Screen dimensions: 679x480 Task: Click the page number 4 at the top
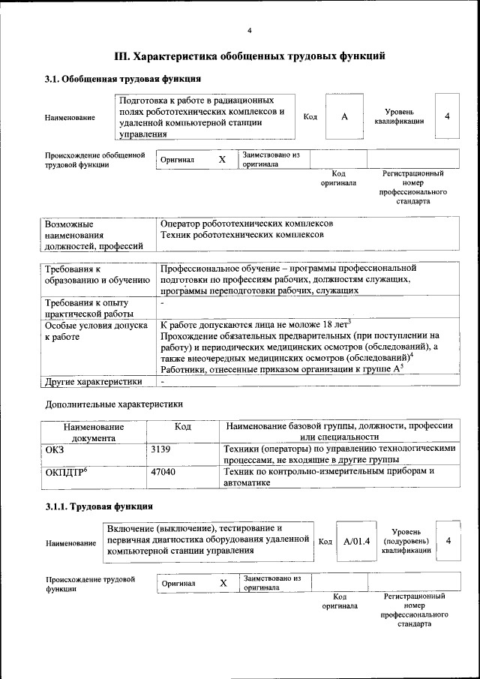tap(249, 30)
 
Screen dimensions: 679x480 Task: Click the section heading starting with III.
tap(249, 56)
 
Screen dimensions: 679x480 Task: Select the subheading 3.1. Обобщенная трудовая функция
tap(122, 79)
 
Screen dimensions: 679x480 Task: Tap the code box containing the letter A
tap(344, 116)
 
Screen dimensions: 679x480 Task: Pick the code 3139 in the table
tap(161, 449)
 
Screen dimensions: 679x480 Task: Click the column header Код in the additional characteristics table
tap(182, 426)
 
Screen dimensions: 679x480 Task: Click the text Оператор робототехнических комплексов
tap(247, 224)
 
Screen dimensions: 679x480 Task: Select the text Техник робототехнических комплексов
tap(242, 235)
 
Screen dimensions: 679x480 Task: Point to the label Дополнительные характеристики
tap(113, 404)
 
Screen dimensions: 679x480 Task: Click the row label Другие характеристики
tap(93, 381)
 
